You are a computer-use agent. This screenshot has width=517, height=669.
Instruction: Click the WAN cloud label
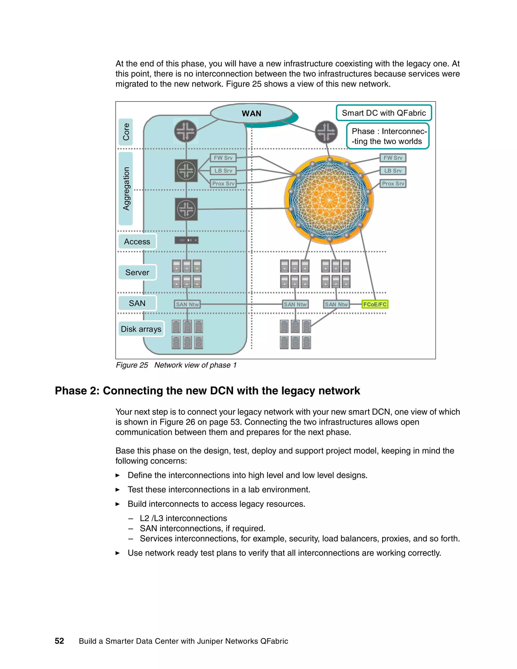tap(251, 114)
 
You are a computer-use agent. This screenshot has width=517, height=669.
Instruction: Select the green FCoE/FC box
tap(375, 304)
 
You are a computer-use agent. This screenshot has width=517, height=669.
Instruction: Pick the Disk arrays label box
tap(141, 329)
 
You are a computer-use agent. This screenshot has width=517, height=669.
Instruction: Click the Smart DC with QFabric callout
tap(383, 113)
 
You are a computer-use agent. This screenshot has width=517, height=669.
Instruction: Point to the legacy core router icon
tap(186, 131)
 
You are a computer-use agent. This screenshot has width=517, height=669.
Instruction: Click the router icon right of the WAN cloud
tap(326, 132)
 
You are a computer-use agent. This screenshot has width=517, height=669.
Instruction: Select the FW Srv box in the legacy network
tap(223, 158)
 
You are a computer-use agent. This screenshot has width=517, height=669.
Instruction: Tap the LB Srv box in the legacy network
tap(223, 171)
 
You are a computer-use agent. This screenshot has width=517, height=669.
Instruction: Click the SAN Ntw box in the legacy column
tap(187, 304)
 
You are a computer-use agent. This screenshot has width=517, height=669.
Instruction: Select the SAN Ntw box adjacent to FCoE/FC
tap(336, 304)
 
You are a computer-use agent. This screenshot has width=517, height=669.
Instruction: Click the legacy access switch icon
tap(187, 240)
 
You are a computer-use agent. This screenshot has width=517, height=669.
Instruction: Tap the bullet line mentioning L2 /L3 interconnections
tap(183, 518)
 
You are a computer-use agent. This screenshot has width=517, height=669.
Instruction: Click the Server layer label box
tap(137, 272)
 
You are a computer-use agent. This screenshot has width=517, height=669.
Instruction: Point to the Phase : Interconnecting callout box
tap(387, 136)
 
